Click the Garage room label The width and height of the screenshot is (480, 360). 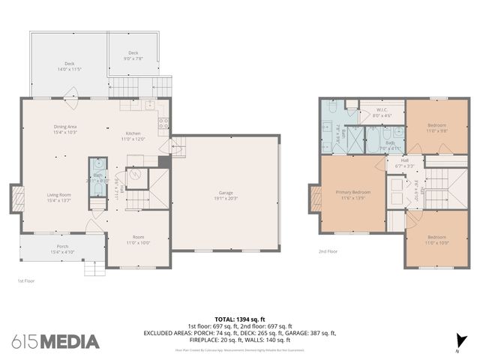(x=226, y=196)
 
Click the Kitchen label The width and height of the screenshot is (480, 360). (x=133, y=136)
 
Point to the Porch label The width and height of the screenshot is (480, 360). (x=63, y=247)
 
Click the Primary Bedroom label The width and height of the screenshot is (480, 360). (x=352, y=194)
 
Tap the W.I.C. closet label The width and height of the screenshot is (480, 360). (x=381, y=112)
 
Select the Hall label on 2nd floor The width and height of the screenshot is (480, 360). (x=404, y=161)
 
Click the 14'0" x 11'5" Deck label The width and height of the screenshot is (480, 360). (x=69, y=66)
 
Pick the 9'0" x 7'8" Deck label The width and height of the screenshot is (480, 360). (x=133, y=55)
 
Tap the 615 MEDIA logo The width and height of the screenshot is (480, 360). (x=55, y=341)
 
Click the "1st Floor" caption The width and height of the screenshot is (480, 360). (x=26, y=280)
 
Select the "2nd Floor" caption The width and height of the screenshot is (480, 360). (x=328, y=251)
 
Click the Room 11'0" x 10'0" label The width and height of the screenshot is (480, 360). (x=137, y=241)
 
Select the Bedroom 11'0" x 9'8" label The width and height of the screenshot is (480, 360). (x=437, y=127)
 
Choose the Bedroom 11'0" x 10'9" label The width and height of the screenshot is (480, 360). (x=437, y=241)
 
